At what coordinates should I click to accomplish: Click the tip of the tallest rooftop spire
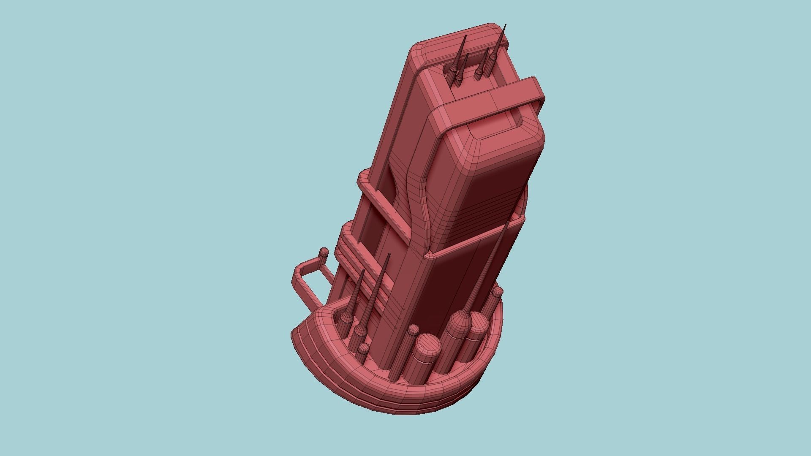click(506, 25)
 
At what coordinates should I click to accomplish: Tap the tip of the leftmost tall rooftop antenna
click(466, 36)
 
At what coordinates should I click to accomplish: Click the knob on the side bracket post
click(324, 253)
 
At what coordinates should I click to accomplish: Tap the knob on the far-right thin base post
click(498, 291)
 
